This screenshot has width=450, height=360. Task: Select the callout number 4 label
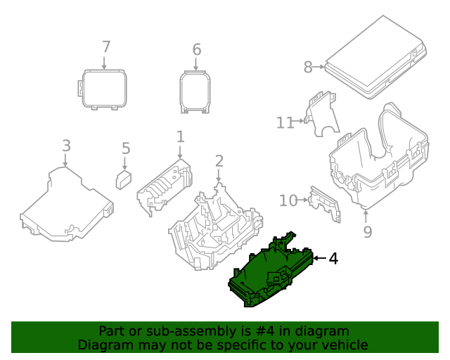333,259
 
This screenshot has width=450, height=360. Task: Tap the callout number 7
105,47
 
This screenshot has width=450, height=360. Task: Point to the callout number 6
197,49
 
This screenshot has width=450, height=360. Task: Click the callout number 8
308,67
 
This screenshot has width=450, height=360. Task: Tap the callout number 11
284,123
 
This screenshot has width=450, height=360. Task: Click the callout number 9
367,231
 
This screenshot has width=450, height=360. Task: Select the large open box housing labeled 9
380,158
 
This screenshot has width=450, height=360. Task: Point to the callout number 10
288,201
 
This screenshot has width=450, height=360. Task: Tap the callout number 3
66,146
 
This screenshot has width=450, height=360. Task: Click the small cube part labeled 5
124,179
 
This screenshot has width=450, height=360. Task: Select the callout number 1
180,136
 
